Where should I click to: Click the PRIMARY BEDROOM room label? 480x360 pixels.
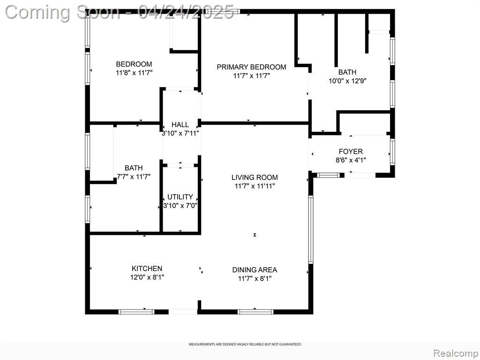(251, 67)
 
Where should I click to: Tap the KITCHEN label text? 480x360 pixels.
(147, 269)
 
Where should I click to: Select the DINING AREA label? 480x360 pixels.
(255, 270)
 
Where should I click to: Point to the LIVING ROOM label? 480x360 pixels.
(255, 177)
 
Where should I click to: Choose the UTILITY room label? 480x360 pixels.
(180, 197)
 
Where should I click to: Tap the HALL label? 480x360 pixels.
(180, 125)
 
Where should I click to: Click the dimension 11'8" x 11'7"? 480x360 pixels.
(134, 73)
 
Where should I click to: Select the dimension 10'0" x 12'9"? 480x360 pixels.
(347, 81)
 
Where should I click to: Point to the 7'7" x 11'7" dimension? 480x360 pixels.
(134, 177)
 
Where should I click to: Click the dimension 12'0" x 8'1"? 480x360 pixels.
(147, 277)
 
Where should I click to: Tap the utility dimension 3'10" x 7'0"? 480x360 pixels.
(180, 205)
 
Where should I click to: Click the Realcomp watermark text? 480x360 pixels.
(456, 353)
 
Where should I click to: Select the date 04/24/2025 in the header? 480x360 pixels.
(186, 13)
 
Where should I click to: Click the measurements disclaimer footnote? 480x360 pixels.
(245, 345)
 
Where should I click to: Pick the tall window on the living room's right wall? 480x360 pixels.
(311, 229)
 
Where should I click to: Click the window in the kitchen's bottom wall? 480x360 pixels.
(136, 312)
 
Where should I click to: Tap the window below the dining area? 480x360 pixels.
(255, 312)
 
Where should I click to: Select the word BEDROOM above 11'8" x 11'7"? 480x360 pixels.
(134, 64)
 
